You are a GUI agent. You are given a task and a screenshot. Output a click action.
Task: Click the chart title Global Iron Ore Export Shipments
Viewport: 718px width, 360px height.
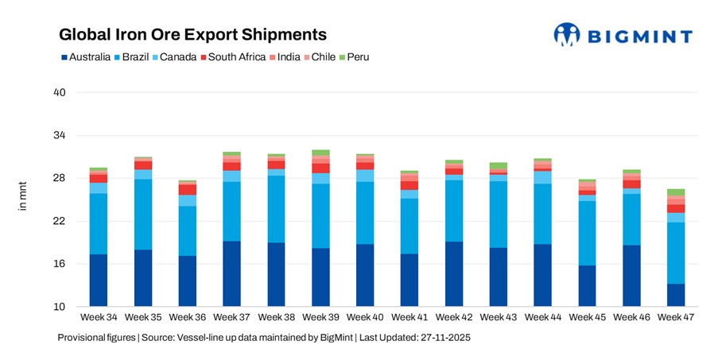pyautogui.click(x=193, y=35)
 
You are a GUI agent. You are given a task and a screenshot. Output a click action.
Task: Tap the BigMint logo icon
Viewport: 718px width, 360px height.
pyautogui.click(x=568, y=35)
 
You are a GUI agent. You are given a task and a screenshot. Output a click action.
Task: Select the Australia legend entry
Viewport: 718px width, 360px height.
pyautogui.click(x=89, y=57)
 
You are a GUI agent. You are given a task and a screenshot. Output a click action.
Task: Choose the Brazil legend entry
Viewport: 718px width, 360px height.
pyautogui.click(x=139, y=57)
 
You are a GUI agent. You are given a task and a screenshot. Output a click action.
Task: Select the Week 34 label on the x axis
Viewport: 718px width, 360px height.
pyautogui.click(x=98, y=318)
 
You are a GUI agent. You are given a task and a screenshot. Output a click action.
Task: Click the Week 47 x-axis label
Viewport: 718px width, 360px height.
pyautogui.click(x=676, y=318)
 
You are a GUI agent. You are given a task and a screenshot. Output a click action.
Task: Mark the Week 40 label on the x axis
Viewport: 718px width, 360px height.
pyautogui.click(x=365, y=318)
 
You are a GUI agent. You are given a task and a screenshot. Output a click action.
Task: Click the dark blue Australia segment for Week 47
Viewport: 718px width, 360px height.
pyautogui.click(x=676, y=295)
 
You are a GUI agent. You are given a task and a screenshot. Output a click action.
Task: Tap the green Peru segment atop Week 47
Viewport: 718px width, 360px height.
pyautogui.click(x=676, y=192)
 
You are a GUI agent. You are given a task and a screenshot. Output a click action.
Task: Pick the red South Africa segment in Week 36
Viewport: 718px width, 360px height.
pyautogui.click(x=188, y=190)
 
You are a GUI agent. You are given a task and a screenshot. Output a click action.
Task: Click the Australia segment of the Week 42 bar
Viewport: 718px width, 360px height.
pyautogui.click(x=454, y=274)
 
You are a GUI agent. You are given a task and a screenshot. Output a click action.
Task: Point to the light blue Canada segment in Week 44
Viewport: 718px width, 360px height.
pyautogui.click(x=543, y=177)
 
